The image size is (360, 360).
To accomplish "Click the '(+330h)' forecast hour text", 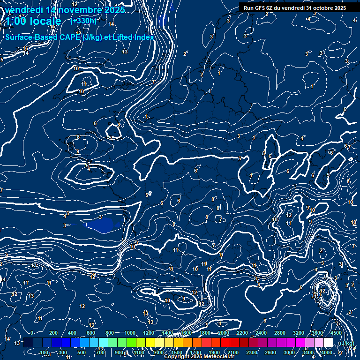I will (83, 21).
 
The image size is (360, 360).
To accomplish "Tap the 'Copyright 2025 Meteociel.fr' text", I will (199, 357).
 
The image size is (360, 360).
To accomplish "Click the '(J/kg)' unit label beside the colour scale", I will (347, 343).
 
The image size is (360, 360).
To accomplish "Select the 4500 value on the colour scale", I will (336, 333).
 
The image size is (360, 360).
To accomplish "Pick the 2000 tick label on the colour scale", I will (223, 333).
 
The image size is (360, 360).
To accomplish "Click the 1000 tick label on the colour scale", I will (129, 333).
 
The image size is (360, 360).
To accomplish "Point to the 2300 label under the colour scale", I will (251, 352).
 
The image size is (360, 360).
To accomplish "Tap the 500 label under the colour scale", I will (82, 352).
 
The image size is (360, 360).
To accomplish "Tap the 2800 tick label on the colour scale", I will (279, 333).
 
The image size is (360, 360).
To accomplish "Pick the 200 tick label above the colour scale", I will (53, 333).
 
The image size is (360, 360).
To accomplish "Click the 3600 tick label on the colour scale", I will (317, 333).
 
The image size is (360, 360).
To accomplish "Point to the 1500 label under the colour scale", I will (176, 352).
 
